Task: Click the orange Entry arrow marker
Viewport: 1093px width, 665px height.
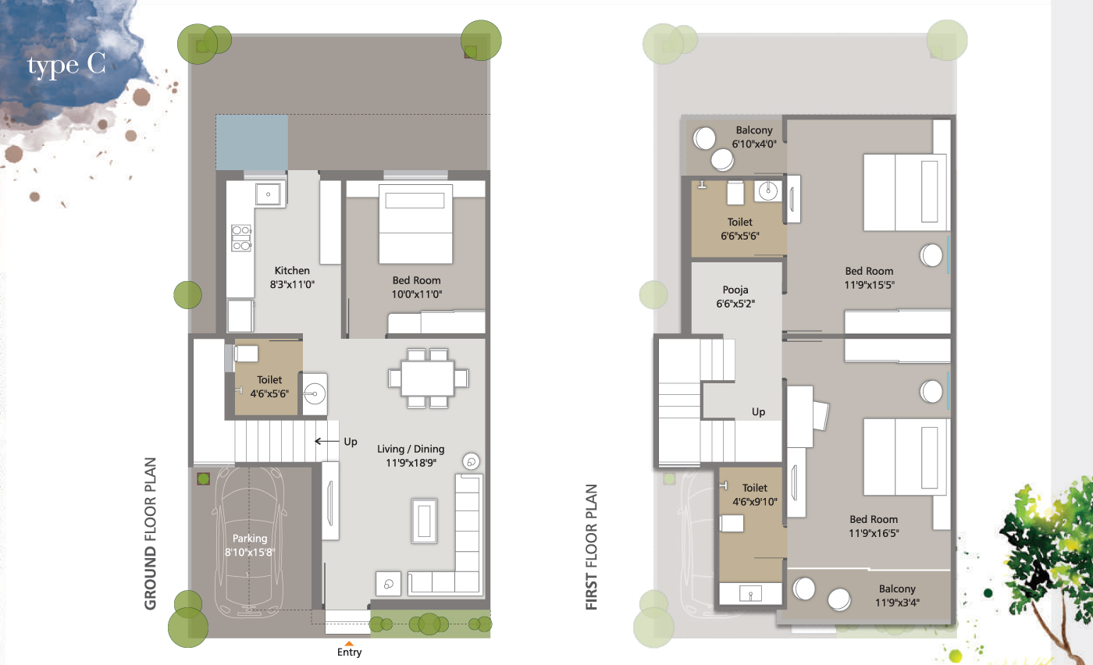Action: (349, 643)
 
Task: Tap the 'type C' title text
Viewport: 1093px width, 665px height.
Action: (66, 65)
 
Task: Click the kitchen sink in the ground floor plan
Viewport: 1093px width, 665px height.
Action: (268, 194)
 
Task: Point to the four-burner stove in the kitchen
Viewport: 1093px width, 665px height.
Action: (241, 237)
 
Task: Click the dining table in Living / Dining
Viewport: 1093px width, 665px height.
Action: (428, 378)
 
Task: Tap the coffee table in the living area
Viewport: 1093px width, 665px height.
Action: (424, 521)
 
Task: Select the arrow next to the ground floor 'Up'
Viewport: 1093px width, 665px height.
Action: (326, 442)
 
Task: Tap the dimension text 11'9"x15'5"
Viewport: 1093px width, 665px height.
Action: (870, 285)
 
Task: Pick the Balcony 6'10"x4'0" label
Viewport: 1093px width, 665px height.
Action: (754, 137)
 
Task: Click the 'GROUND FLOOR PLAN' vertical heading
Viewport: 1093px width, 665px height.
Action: (150, 533)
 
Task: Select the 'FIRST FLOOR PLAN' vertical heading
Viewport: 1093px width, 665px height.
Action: (592, 547)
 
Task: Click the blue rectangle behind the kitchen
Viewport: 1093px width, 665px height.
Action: (251, 143)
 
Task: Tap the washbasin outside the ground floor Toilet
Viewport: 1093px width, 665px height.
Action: (315, 393)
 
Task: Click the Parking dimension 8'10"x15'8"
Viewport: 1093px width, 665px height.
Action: (250, 553)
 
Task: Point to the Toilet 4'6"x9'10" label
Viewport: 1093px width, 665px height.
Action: (755, 495)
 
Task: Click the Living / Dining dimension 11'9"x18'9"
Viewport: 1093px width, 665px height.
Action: (411, 463)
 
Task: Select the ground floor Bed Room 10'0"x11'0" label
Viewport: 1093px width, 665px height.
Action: (417, 287)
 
